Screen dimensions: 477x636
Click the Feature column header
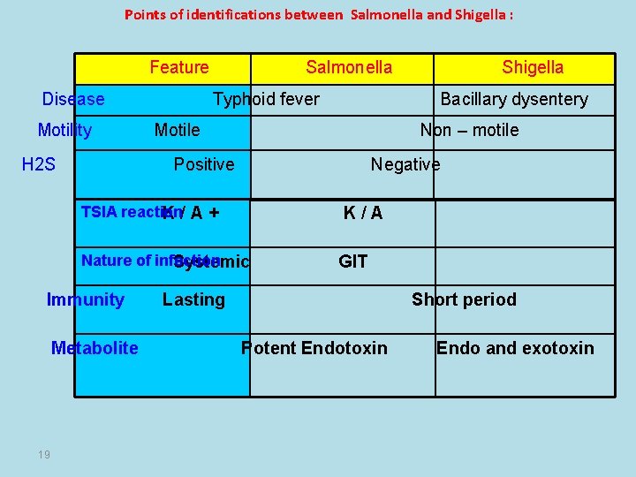tap(179, 67)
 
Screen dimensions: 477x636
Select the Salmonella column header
tap(349, 67)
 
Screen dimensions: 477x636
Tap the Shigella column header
tap(533, 67)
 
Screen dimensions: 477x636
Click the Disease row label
tap(73, 99)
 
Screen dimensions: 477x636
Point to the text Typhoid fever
tap(267, 99)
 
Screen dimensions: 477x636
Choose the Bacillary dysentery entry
tap(514, 99)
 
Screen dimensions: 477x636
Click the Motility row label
tap(64, 130)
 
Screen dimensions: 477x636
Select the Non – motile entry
tap(469, 130)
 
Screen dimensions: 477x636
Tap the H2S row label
tap(39, 163)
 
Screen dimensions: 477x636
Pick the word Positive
tap(204, 164)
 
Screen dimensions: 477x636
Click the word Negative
tap(405, 164)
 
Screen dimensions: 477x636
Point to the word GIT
tap(353, 261)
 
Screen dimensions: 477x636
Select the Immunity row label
tap(86, 299)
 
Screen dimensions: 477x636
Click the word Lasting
tap(193, 299)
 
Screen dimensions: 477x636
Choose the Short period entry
tap(464, 299)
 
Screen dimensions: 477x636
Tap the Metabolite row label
tap(95, 347)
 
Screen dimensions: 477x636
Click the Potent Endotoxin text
tap(314, 347)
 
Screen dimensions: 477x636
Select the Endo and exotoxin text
tap(515, 347)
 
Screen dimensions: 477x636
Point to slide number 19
tap(44, 455)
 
